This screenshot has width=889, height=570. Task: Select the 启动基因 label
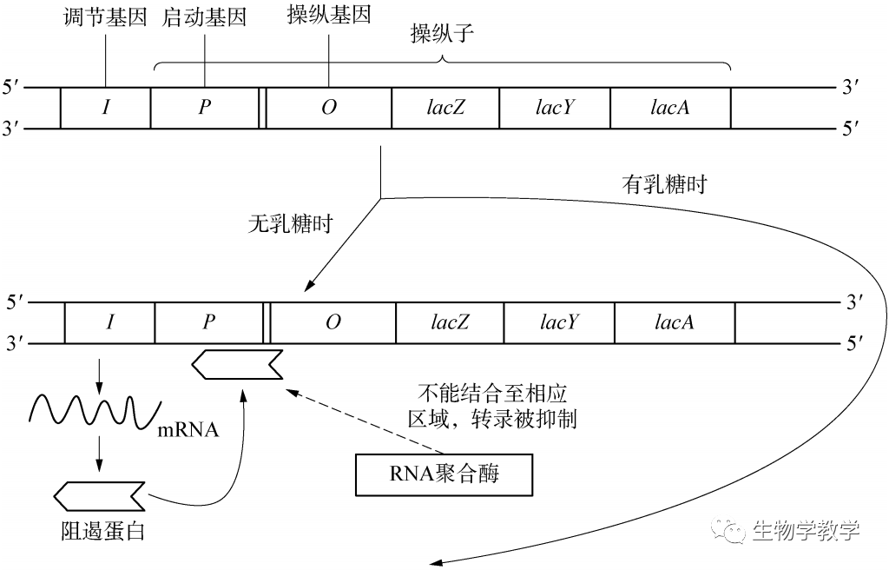[204, 18]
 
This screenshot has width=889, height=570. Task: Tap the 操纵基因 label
[328, 17]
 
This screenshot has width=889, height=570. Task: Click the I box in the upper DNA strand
[106, 108]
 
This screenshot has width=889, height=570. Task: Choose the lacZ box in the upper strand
[446, 108]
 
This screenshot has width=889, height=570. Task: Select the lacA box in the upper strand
[670, 108]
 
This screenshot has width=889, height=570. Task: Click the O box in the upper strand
[328, 108]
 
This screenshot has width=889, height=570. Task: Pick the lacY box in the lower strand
[558, 322]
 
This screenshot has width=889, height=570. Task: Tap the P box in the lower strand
[208, 322]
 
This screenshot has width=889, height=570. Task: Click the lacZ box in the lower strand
[450, 322]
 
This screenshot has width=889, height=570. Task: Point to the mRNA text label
[186, 429]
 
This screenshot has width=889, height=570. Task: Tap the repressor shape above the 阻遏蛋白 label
[99, 495]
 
